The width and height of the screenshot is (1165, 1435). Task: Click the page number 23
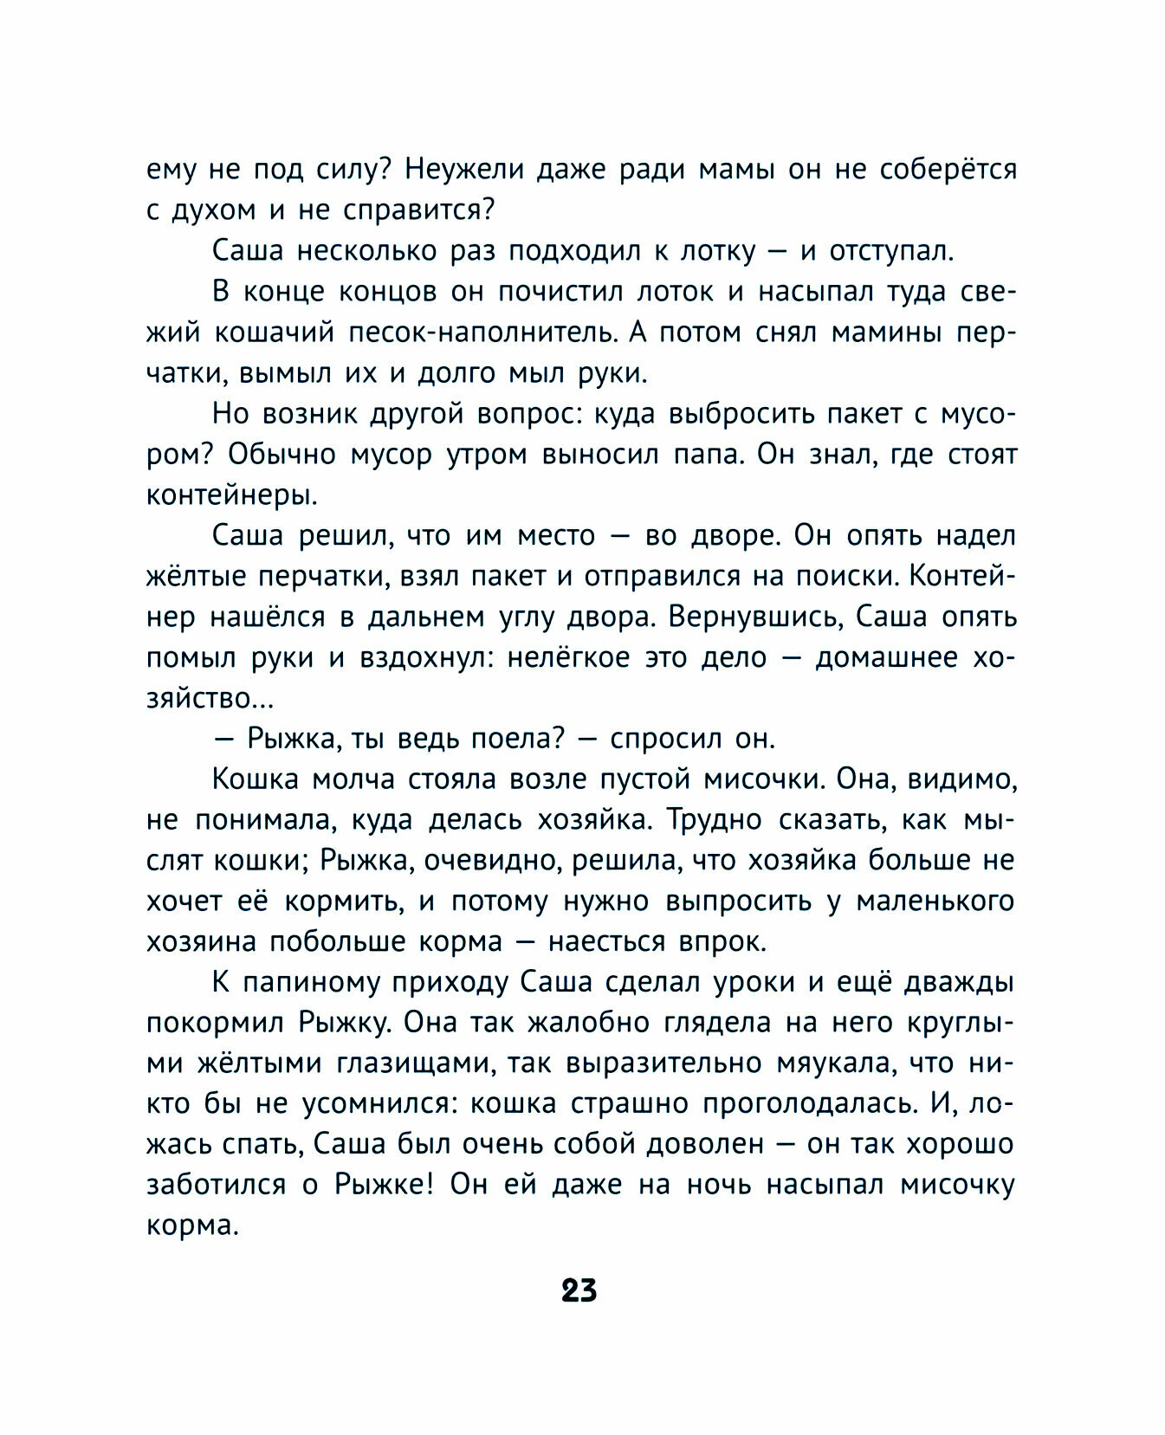click(x=579, y=1290)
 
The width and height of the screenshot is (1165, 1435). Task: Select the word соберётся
click(x=948, y=169)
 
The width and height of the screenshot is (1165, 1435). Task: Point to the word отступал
click(x=890, y=251)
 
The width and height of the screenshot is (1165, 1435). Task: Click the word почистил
click(x=560, y=292)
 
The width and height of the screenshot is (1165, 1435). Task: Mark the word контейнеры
click(x=231, y=496)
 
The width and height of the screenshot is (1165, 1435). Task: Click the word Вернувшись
click(x=754, y=617)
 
